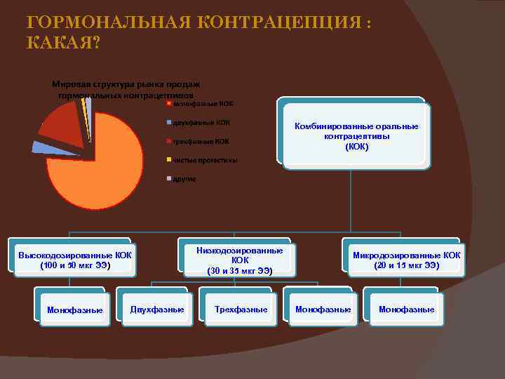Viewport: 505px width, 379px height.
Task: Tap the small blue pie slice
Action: [x=41, y=147]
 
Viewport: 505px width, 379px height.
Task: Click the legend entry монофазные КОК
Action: [x=203, y=104]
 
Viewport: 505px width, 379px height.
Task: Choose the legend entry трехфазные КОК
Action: [x=201, y=141]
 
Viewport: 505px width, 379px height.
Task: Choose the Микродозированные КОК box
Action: [x=406, y=260]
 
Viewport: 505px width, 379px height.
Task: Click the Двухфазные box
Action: [x=157, y=310]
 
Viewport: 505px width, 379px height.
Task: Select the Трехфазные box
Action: [x=241, y=310]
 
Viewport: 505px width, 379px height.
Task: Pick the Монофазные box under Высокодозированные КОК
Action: [x=74, y=310]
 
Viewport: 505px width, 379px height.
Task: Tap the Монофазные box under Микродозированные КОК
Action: [x=406, y=310]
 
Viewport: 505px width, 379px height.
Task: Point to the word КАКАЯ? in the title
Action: [x=63, y=44]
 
